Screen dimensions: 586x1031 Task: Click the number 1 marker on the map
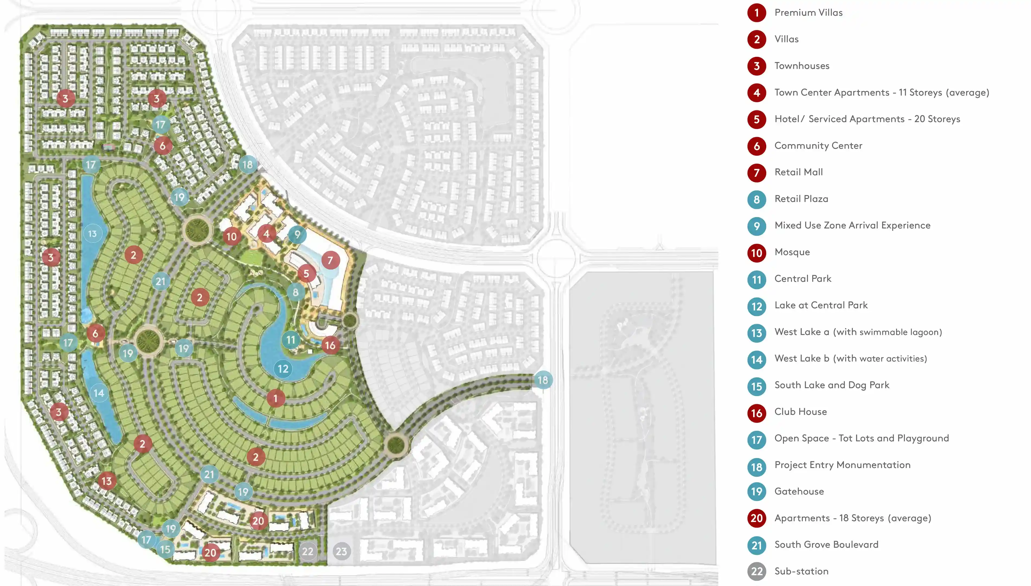click(x=275, y=399)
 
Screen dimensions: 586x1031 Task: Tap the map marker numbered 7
click(x=330, y=260)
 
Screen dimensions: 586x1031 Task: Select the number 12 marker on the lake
click(x=283, y=369)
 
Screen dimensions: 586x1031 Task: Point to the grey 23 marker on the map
click(x=342, y=551)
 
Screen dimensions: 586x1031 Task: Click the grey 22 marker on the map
click(x=308, y=551)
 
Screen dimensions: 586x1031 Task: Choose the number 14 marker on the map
click(x=99, y=393)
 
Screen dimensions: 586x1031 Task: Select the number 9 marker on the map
click(x=297, y=234)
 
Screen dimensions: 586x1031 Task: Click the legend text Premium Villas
click(x=808, y=12)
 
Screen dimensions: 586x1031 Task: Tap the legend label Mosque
click(x=792, y=252)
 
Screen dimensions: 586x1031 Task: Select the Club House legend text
click(x=800, y=412)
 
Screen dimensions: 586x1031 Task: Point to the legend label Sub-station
click(x=801, y=571)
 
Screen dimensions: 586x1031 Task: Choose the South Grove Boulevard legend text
click(x=826, y=545)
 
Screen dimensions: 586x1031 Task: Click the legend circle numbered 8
click(x=757, y=199)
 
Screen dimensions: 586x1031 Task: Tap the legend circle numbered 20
click(x=757, y=518)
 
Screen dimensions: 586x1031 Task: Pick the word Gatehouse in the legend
click(x=799, y=491)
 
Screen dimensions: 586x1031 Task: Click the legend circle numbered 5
click(x=757, y=119)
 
